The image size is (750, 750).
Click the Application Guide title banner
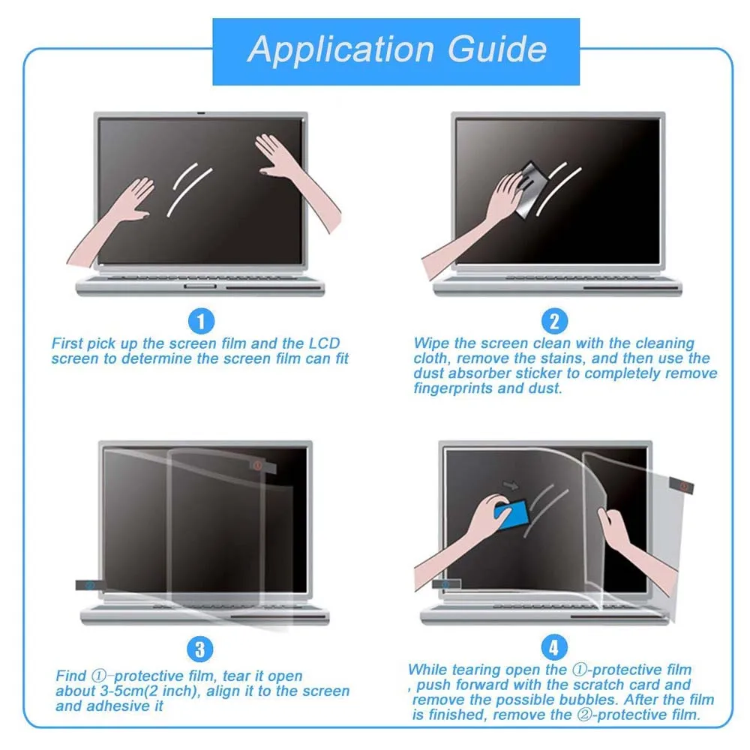coord(397,51)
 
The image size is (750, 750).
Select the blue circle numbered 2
coord(554,322)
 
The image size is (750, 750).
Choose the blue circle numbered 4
coord(554,646)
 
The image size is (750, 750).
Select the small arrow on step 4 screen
coord(513,484)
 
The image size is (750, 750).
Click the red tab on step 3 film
coord(257,466)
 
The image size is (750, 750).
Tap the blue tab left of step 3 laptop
coord(88,585)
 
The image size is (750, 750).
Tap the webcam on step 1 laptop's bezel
coord(200,115)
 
